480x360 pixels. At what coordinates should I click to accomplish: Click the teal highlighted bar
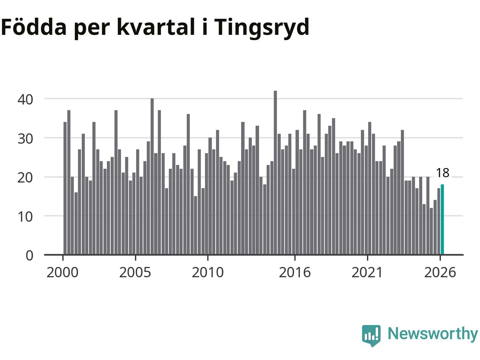pos(442,219)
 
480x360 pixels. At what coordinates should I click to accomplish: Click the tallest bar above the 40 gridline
pos(275,172)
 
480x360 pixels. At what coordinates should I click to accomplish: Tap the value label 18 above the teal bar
pos(442,172)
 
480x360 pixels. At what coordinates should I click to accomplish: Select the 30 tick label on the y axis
pos(25,139)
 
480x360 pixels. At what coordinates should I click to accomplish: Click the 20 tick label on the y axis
pos(25,178)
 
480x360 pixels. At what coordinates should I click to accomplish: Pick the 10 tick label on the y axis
pos(25,217)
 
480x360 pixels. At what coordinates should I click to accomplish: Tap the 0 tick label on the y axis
pos(30,255)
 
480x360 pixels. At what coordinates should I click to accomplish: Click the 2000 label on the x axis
pos(63,272)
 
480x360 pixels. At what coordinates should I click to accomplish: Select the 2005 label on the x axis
pos(135,272)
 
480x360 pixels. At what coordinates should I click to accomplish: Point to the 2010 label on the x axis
pos(208,272)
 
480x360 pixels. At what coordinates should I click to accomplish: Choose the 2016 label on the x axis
pos(295,272)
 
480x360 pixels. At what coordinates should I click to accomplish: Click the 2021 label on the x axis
pos(367,272)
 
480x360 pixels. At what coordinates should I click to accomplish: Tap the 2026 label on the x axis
pos(440,272)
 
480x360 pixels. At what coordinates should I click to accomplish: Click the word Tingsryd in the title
pos(261,28)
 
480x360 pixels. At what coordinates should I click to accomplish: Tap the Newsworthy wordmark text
pos(433,334)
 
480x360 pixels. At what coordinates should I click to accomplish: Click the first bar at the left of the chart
pos(65,188)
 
